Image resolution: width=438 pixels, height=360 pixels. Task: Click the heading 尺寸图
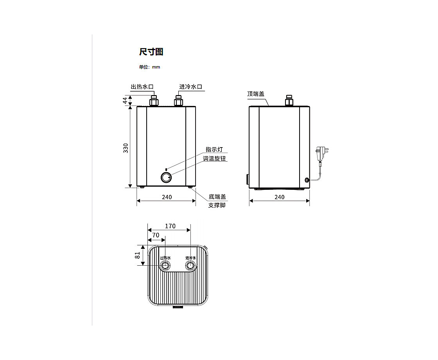pyautogui.click(x=151, y=52)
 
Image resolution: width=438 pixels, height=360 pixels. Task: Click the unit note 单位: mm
pyautogui.click(x=149, y=67)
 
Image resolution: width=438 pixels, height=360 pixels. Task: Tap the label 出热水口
pyautogui.click(x=142, y=86)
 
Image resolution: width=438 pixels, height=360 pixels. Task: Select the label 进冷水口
pyautogui.click(x=190, y=86)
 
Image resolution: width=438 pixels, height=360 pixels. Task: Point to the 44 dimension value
pyautogui.click(x=126, y=100)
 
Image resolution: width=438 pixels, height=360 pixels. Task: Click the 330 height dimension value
pyautogui.click(x=126, y=148)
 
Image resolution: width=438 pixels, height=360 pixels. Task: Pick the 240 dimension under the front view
pyautogui.click(x=167, y=197)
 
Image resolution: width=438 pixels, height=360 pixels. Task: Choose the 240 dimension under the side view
pyautogui.click(x=279, y=197)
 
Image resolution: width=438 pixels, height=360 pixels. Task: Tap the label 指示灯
pyautogui.click(x=214, y=149)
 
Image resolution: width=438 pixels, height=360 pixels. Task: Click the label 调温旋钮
pyautogui.click(x=214, y=158)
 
